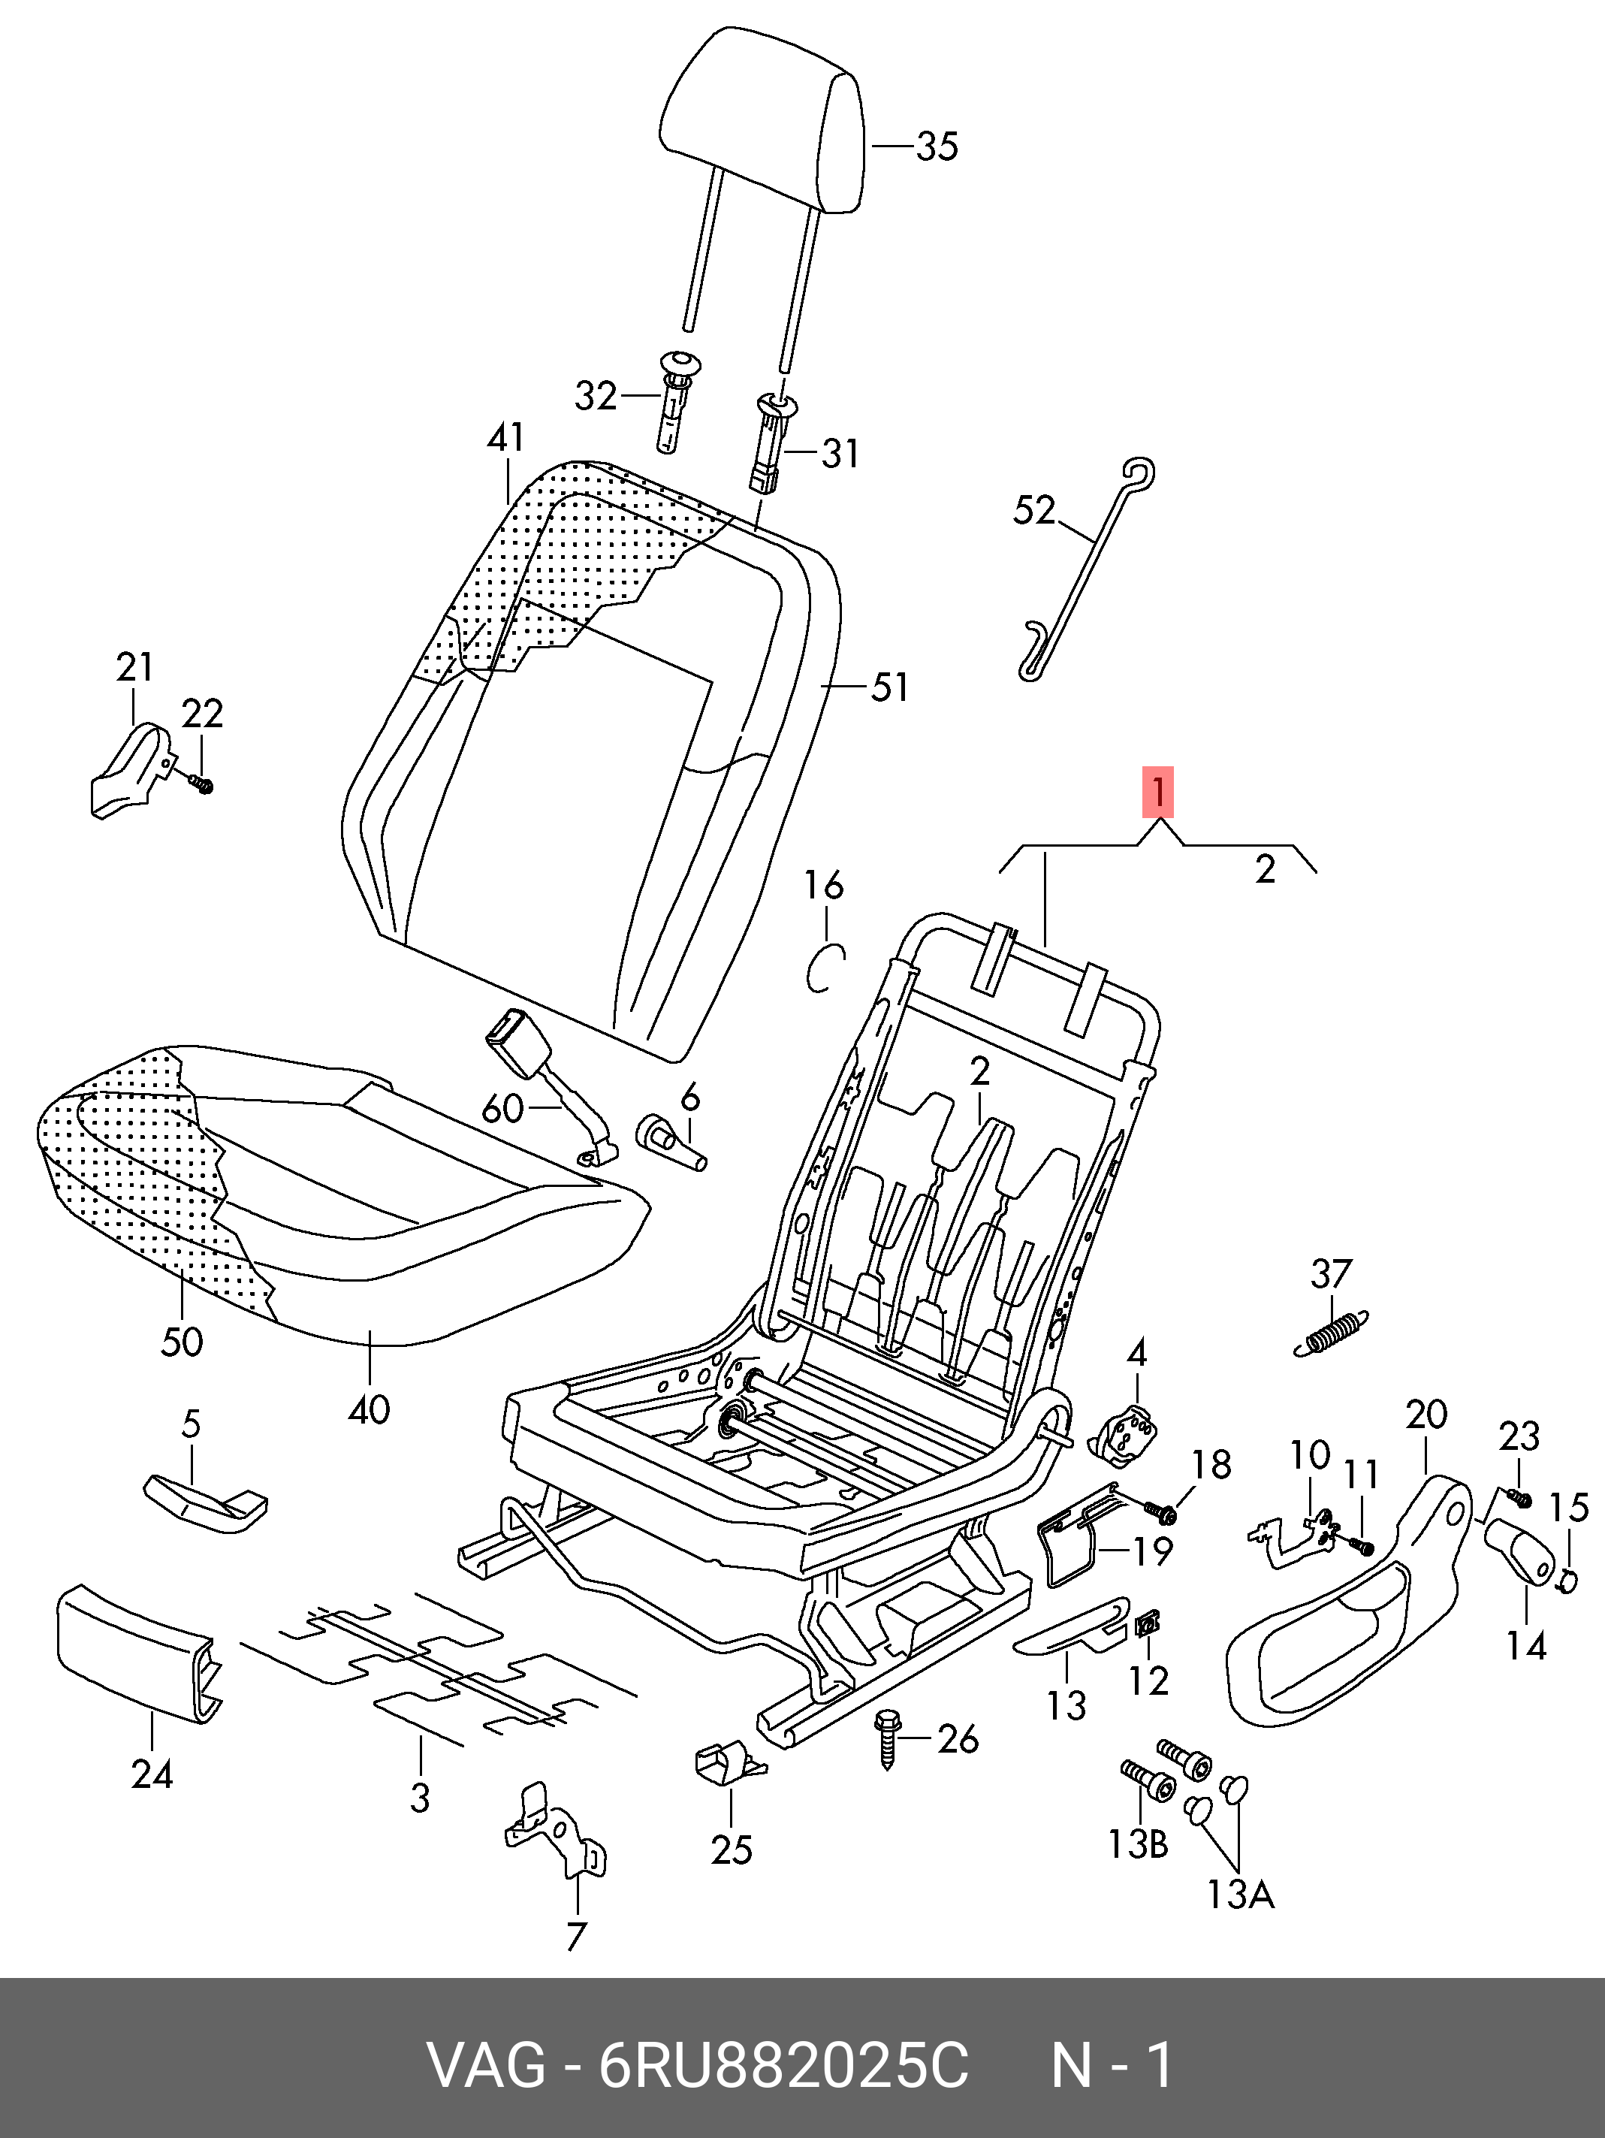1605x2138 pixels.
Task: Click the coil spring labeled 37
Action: (x=1332, y=1334)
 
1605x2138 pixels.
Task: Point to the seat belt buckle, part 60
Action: (x=523, y=1044)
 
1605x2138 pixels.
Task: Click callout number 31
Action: (x=840, y=452)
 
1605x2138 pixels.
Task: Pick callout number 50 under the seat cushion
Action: (x=182, y=1341)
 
